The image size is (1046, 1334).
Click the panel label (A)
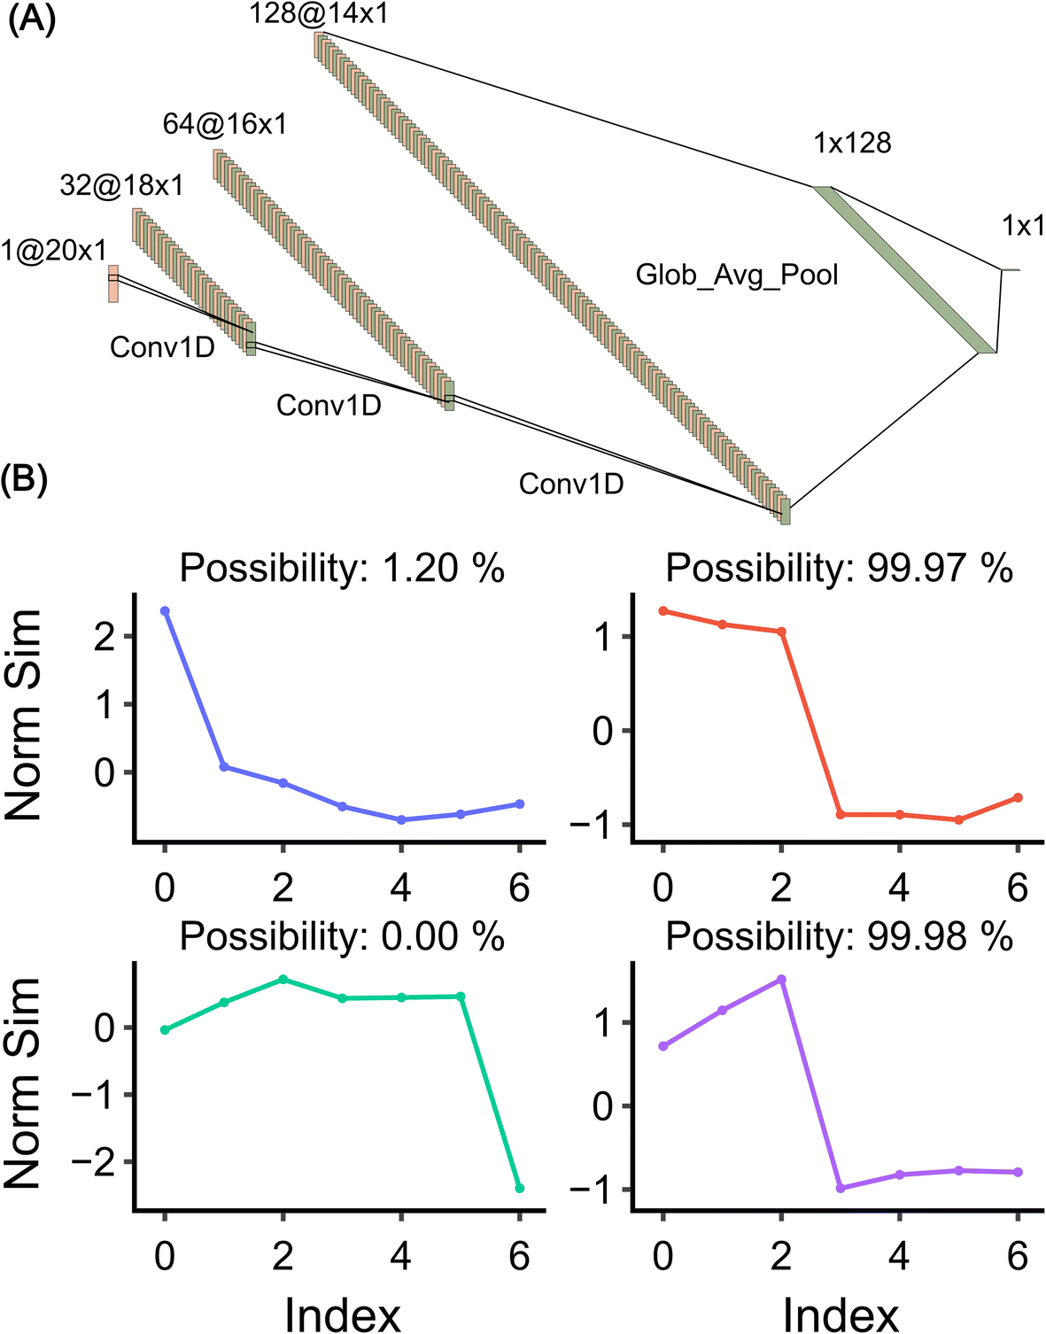31,19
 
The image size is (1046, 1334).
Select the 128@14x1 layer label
319,14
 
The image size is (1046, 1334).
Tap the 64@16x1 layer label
225,125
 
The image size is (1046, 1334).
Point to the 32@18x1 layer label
122,185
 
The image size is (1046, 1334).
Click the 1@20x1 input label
53,251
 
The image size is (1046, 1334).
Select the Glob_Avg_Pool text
737,275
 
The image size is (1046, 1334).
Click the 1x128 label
852,143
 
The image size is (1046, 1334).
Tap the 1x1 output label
1023,226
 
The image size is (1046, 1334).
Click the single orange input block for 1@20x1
113,283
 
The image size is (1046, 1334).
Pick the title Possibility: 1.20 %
342,568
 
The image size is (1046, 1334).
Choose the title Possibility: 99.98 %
839,936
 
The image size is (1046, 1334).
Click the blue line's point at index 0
165,611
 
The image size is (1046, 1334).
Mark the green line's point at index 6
519,1188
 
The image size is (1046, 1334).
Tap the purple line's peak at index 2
781,980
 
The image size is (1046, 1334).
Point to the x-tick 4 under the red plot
899,888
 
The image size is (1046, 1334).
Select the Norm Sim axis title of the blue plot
25,715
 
